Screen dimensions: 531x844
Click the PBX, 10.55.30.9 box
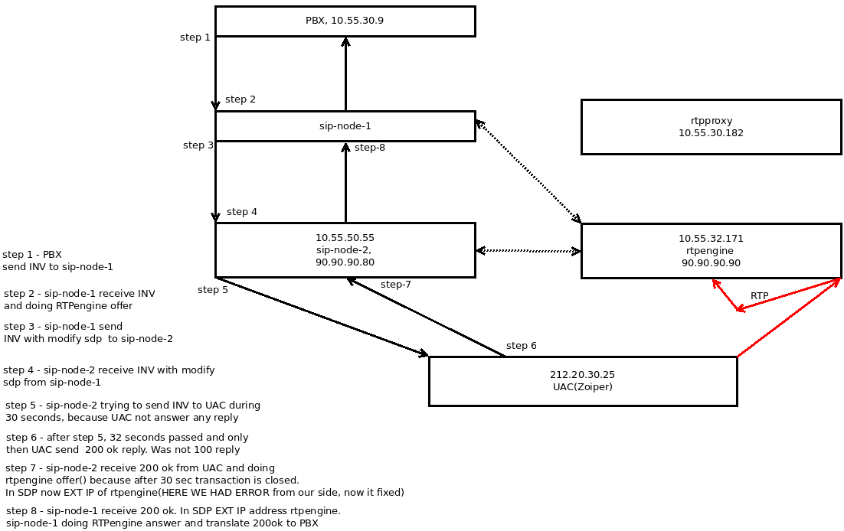point(345,21)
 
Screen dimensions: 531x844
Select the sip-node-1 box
point(345,126)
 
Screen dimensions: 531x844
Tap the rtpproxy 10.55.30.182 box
point(711,127)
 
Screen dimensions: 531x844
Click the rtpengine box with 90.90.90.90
point(711,251)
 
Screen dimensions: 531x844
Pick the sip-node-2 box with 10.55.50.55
point(345,250)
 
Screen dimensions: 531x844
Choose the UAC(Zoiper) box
point(582,381)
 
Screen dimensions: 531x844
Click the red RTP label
point(759,296)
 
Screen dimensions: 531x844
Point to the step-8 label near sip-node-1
point(370,148)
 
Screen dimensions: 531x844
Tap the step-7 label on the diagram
point(396,285)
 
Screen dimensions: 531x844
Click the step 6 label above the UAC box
point(522,346)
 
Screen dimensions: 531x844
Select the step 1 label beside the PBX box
point(195,37)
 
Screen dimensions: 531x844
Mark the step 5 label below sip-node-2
point(213,290)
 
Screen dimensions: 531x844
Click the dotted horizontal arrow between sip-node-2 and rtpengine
point(528,251)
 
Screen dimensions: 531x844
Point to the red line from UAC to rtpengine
point(788,318)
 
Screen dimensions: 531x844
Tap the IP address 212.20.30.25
point(582,375)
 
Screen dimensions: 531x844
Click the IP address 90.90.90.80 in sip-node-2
point(345,262)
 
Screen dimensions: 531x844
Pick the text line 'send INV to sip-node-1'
point(57,267)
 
